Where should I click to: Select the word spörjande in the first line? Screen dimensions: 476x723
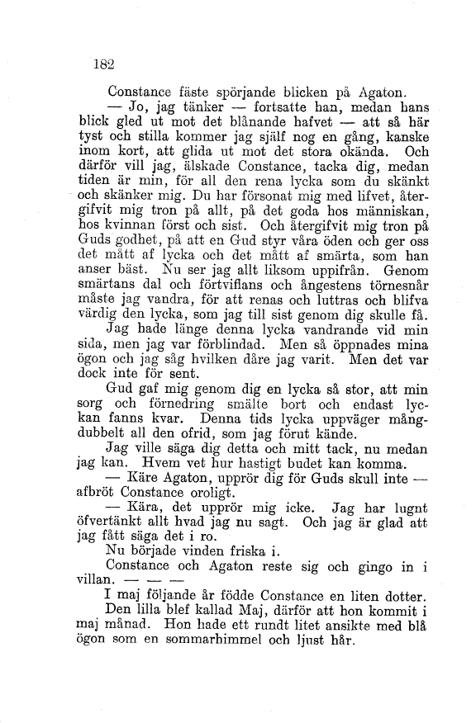click(250, 92)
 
